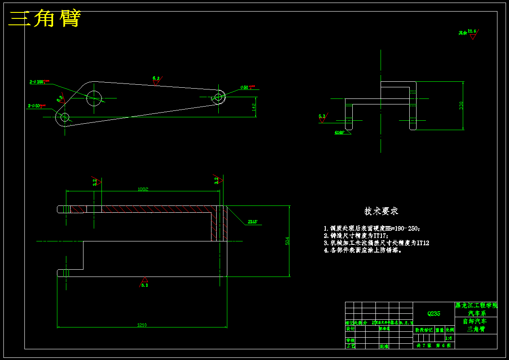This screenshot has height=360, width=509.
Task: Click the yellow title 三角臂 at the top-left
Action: coord(45,19)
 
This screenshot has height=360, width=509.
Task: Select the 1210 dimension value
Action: coord(142,325)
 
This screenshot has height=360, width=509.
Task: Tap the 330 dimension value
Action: coord(461,105)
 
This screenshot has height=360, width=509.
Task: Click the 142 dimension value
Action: coord(254,107)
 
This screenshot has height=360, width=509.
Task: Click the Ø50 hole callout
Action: coord(247,87)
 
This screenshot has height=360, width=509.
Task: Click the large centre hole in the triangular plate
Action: coord(95,98)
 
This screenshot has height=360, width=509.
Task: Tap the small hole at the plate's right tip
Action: coord(218,97)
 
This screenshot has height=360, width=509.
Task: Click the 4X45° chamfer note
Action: coord(339,133)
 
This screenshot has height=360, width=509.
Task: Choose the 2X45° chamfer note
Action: coord(252,222)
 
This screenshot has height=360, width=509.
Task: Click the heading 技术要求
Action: coord(381,211)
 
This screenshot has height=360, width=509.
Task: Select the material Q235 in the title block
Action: coord(433,314)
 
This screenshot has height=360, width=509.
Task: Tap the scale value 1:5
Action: coord(449,338)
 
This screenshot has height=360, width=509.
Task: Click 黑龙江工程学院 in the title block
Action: coord(476,306)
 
